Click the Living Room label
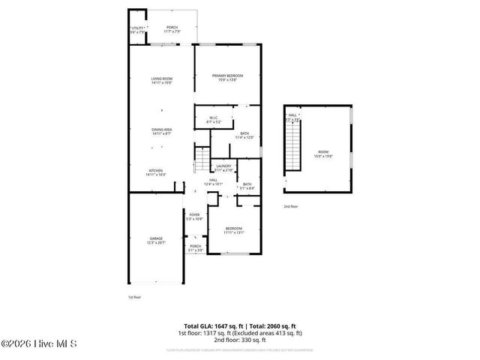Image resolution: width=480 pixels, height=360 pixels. pyautogui.click(x=162, y=80)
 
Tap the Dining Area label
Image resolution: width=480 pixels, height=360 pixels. pyautogui.click(x=162, y=132)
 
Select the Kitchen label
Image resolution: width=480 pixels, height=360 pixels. pyautogui.click(x=156, y=172)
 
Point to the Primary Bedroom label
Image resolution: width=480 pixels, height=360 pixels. pyautogui.click(x=228, y=77)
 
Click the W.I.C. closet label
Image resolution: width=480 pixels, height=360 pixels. pyautogui.click(x=213, y=119)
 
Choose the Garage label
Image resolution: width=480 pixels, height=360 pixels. pyautogui.click(x=155, y=241)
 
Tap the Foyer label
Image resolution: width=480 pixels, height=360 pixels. pyautogui.click(x=195, y=217)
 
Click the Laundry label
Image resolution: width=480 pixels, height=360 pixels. pyautogui.click(x=223, y=168)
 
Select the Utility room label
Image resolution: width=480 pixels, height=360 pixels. pyautogui.click(x=136, y=30)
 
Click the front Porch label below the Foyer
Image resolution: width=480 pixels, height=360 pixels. pyautogui.click(x=195, y=248)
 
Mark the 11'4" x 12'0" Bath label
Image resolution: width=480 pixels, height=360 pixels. pyautogui.click(x=245, y=136)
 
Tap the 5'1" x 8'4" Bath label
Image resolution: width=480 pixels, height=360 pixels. pyautogui.click(x=247, y=186)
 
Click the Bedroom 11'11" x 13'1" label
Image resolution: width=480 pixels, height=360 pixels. pyautogui.click(x=234, y=230)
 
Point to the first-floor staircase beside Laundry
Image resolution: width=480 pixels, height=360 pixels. pyautogui.click(x=201, y=158)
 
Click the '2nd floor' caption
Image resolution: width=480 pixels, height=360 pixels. pyautogui.click(x=290, y=205)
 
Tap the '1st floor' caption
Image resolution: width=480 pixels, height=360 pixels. pyautogui.click(x=133, y=297)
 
